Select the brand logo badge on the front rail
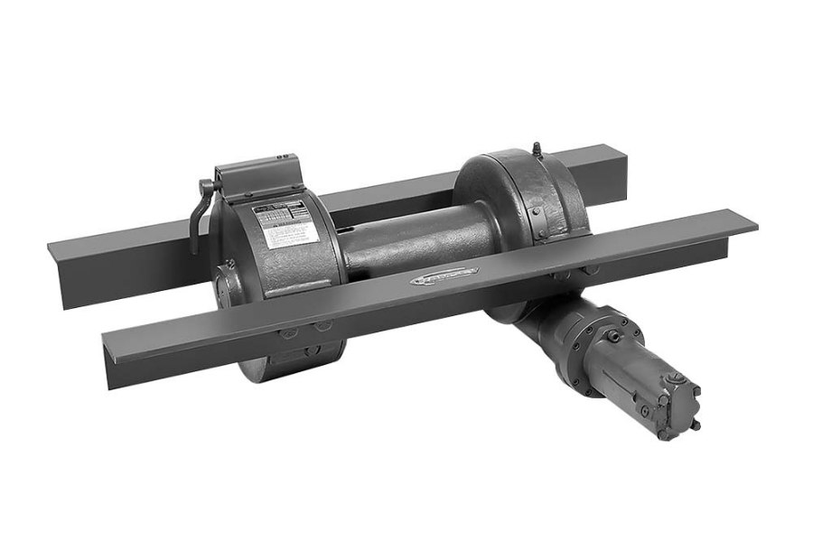[442, 278]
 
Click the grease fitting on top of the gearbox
[536, 147]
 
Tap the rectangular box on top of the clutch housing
[257, 176]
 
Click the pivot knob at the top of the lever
[207, 185]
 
